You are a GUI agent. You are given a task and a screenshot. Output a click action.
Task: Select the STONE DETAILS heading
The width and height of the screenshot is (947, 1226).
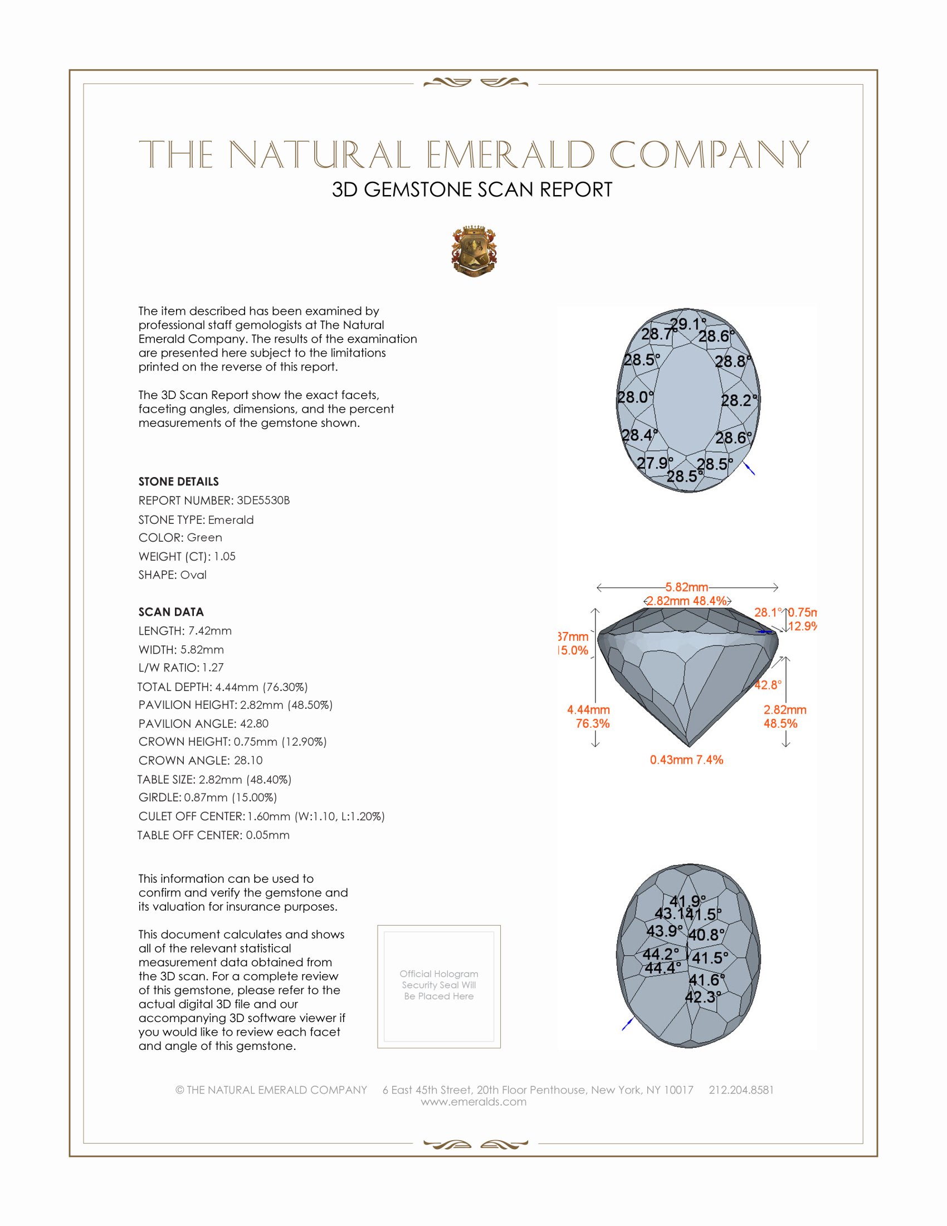click(178, 481)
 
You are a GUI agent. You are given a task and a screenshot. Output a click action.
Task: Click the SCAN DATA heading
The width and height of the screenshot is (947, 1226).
click(171, 612)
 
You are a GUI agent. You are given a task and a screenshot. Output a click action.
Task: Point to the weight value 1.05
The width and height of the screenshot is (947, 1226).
click(224, 556)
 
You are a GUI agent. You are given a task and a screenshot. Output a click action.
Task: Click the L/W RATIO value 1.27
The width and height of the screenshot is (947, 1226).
click(213, 668)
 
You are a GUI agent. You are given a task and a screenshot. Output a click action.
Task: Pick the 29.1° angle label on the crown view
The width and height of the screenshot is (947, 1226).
click(688, 324)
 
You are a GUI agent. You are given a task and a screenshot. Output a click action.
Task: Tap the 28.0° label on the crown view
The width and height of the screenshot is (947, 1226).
click(635, 397)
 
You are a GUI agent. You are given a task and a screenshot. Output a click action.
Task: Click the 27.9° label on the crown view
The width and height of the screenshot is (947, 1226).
click(655, 463)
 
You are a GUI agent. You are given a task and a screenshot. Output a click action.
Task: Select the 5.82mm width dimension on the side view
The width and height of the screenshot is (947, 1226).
click(687, 587)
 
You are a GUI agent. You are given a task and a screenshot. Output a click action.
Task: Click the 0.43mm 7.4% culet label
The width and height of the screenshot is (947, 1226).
click(686, 760)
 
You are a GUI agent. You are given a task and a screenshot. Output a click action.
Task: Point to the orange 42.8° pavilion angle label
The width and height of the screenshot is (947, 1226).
click(768, 685)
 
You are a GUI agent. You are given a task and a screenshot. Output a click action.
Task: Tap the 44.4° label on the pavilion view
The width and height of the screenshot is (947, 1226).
click(662, 968)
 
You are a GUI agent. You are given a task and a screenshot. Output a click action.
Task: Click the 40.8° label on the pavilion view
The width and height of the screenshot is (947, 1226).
click(706, 935)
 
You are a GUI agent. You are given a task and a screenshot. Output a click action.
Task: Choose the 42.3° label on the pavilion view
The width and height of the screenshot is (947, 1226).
click(703, 997)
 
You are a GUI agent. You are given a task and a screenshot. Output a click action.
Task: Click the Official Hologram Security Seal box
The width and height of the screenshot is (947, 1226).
click(439, 986)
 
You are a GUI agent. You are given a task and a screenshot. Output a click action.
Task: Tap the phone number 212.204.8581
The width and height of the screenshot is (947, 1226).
click(741, 1089)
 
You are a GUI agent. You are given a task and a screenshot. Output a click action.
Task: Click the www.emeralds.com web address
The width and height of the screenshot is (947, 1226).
click(473, 1101)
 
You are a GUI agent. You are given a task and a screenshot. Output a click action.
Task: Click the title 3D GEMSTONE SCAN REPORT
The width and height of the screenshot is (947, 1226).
click(472, 189)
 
